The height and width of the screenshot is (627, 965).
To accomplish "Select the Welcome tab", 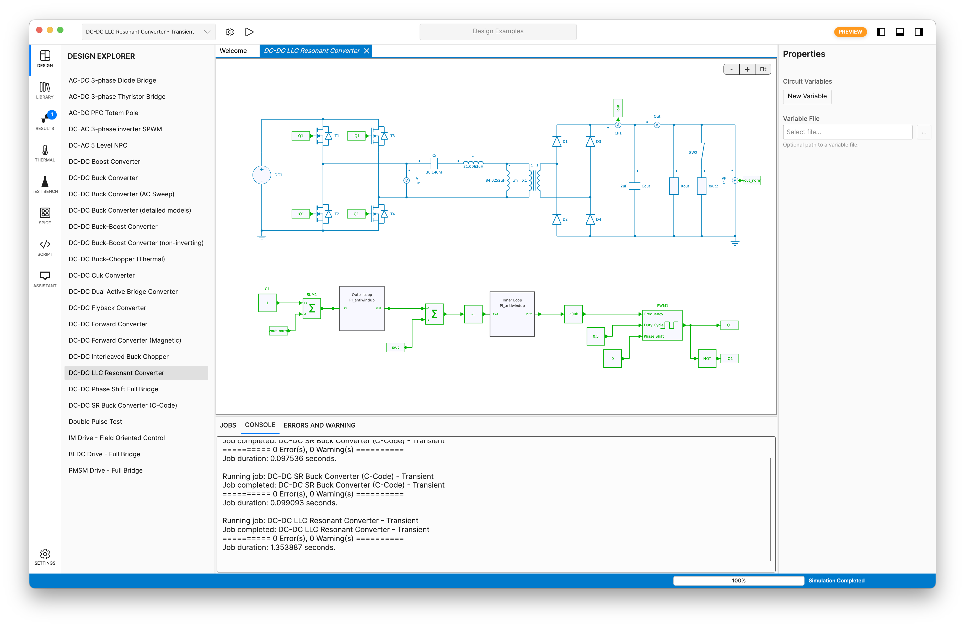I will point(233,51).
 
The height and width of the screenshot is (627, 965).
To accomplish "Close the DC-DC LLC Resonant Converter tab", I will point(367,51).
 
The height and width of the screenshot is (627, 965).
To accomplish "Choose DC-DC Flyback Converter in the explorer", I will point(107,308).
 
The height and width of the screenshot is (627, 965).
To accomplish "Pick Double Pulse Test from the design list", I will point(95,421).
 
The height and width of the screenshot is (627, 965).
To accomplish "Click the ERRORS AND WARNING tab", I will point(319,425).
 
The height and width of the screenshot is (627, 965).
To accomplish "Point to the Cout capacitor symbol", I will point(635,186).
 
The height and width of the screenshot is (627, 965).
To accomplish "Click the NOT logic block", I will point(707,359).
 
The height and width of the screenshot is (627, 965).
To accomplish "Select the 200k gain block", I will point(573,314).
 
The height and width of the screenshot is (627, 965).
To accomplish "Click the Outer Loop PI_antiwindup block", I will point(362,309).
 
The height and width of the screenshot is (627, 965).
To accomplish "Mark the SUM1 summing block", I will point(312,309).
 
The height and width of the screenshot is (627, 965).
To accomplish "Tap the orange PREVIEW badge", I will point(850,32).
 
